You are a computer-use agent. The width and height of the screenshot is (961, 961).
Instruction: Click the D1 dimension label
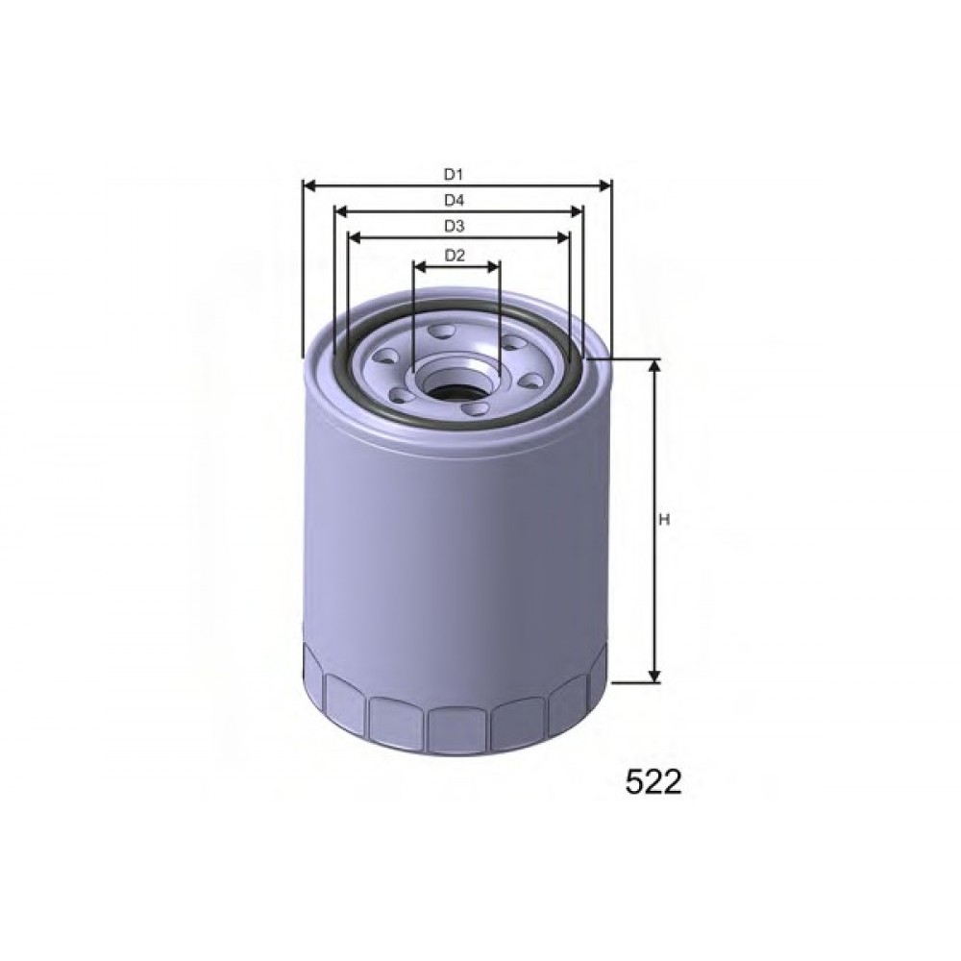click(454, 175)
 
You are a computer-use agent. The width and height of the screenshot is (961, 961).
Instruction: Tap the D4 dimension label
click(455, 201)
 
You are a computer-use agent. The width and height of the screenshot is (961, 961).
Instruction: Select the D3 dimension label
click(455, 227)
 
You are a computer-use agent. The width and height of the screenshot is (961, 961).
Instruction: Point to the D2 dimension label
click(455, 255)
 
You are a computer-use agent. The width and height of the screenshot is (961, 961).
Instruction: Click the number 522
click(653, 782)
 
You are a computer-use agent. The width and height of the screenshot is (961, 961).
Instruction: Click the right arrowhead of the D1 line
click(604, 185)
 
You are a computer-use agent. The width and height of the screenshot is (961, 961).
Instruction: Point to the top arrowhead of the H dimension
click(654, 366)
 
